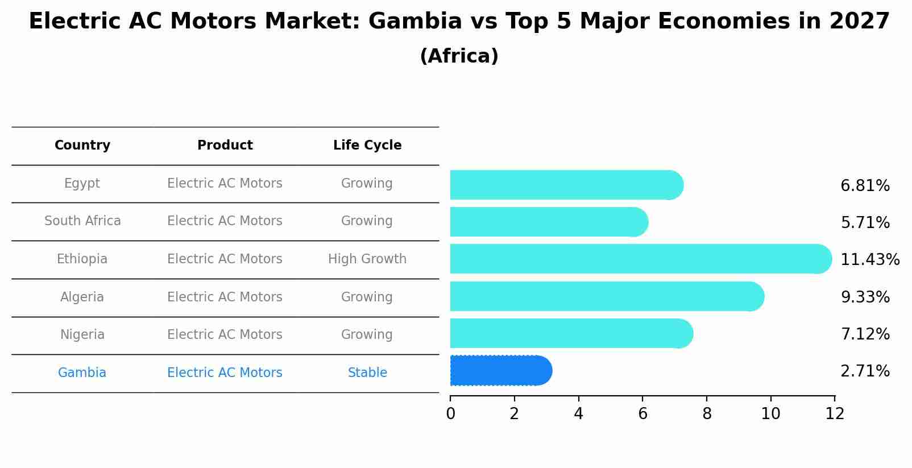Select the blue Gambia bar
pos(499,371)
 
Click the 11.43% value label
pos(869,260)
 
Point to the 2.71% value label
pos(865,371)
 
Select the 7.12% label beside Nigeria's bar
pos(865,334)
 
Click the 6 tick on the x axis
pos(642,414)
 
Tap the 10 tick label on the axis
pos(770,414)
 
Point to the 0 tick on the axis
pos(450,414)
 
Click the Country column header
pos(82,146)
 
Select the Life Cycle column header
pos(367,146)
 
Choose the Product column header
pos(225,146)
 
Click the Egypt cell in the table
pos(82,184)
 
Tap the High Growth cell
pos(367,259)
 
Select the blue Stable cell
pos(367,373)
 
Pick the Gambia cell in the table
pos(82,373)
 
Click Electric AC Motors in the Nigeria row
pos(225,335)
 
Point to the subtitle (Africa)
pos(459,56)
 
